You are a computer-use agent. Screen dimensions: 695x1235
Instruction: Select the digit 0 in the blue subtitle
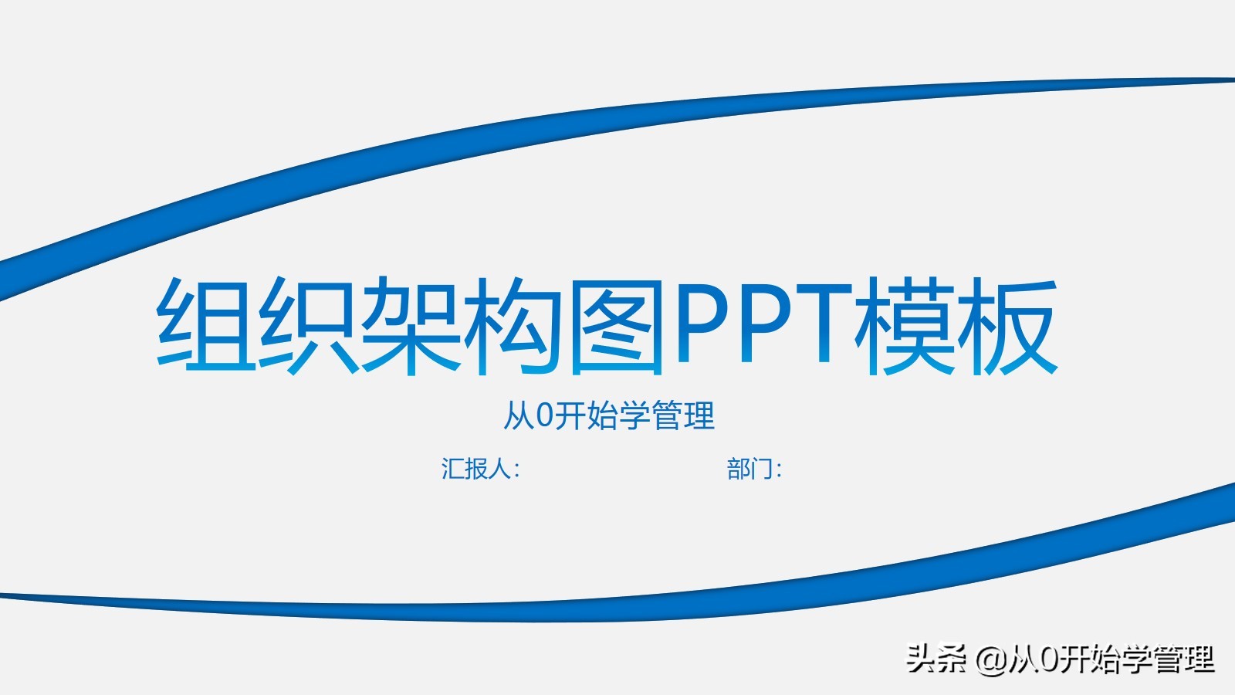click(x=544, y=415)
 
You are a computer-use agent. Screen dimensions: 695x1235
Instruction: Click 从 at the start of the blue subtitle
click(x=518, y=415)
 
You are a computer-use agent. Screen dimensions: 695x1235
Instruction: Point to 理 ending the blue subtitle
click(x=699, y=415)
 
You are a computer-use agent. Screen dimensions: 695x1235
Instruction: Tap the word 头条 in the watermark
click(x=936, y=659)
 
